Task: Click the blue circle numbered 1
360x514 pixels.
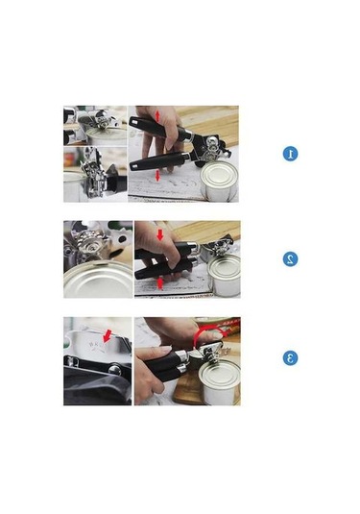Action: click(290, 154)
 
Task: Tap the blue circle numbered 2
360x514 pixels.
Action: click(290, 259)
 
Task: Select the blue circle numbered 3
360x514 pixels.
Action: click(290, 357)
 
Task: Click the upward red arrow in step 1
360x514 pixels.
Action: click(157, 116)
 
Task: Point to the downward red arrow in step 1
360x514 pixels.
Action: click(157, 176)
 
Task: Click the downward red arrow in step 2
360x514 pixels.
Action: click(160, 235)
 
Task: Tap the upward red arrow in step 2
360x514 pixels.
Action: click(160, 282)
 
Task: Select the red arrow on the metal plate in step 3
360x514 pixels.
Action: click(107, 336)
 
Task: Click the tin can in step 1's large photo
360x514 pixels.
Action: click(219, 182)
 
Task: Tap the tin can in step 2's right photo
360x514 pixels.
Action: click(224, 276)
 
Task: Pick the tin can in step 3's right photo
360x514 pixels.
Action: click(220, 380)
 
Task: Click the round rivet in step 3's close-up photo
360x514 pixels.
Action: click(114, 370)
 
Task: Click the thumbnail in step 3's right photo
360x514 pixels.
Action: click(216, 335)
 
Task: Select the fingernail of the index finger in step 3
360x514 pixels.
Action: click(166, 350)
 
